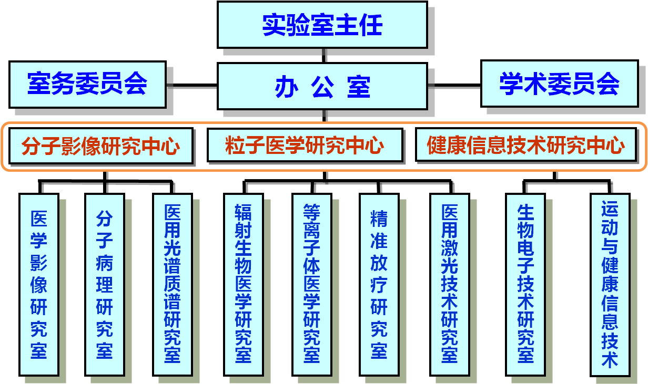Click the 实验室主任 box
(322, 25)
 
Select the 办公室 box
(322, 87)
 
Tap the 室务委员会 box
(87, 84)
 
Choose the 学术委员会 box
(559, 84)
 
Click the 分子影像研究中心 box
(100, 146)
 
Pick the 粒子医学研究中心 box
(305, 146)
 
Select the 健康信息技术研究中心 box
(526, 145)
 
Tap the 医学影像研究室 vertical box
(39, 284)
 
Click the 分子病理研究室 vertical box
(105, 284)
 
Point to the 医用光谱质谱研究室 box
(172, 284)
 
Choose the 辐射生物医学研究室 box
(243, 284)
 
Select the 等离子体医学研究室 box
(311, 284)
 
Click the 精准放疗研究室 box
(379, 284)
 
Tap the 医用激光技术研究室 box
(449, 284)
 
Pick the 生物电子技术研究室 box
(525, 284)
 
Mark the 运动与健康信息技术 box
(610, 284)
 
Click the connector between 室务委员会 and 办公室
(191, 86)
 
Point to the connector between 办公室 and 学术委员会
(454, 86)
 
